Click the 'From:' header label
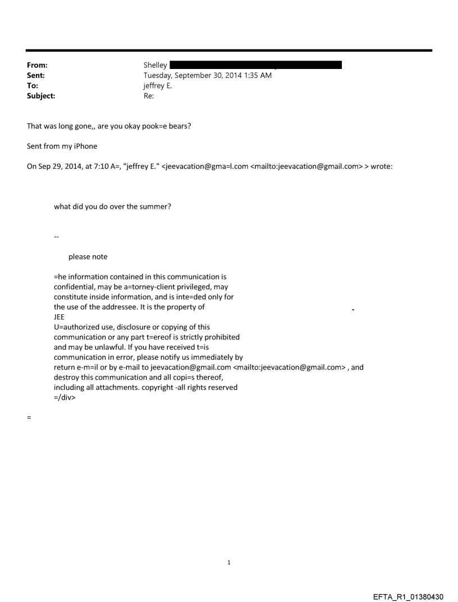pyautogui.click(x=36, y=65)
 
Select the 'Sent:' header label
pyautogui.click(x=35, y=75)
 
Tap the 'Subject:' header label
pyautogui.click(x=40, y=96)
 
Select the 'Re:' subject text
pyautogui.click(x=149, y=96)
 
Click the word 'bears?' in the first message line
pyautogui.click(x=180, y=126)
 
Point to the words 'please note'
pyautogui.click(x=88, y=256)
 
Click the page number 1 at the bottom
pyautogui.click(x=229, y=562)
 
